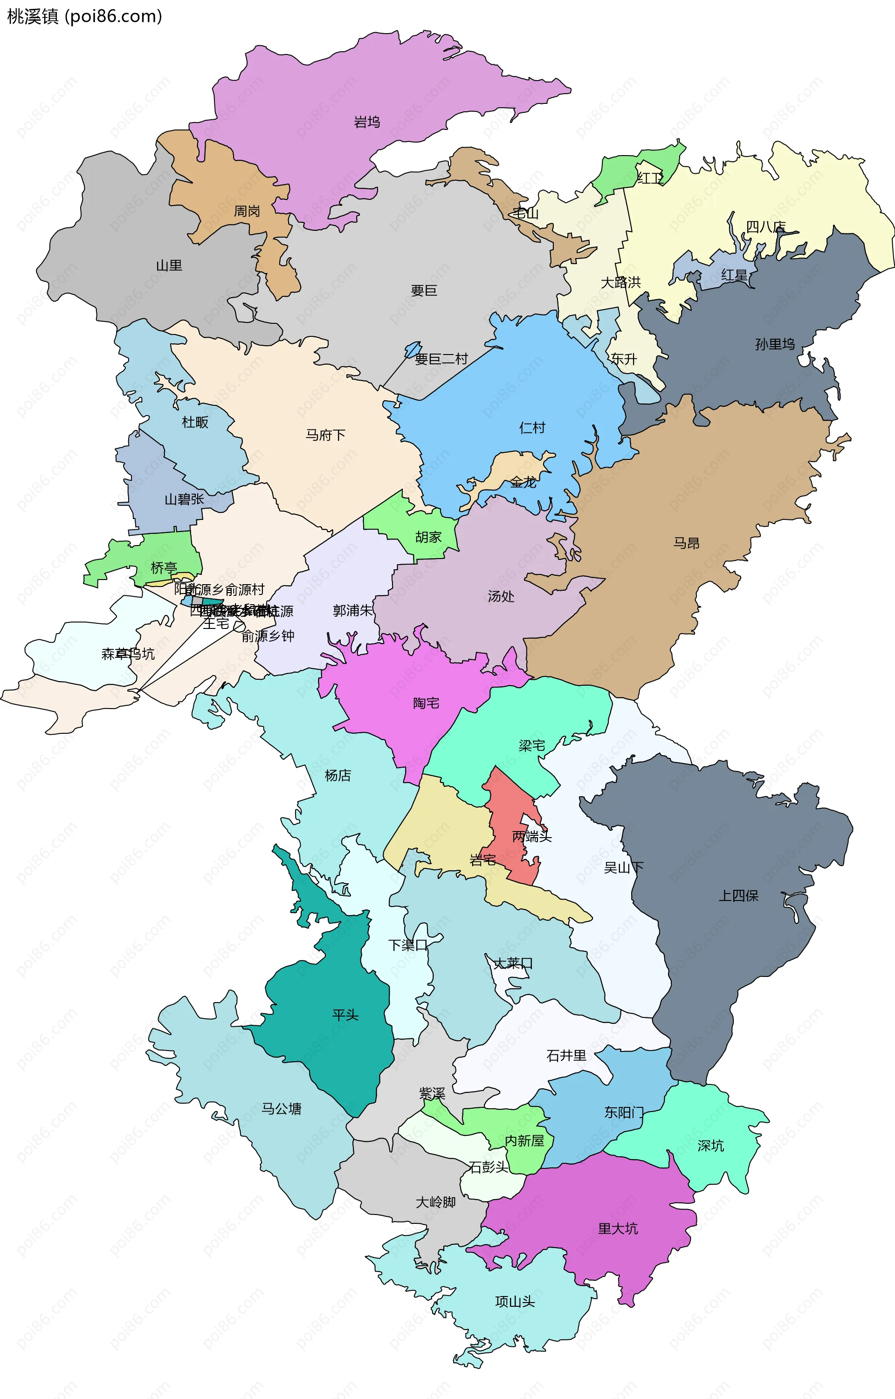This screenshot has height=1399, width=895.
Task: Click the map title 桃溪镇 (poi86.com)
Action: click(84, 16)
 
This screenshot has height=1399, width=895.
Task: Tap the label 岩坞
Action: click(367, 122)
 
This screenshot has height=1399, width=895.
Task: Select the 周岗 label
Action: click(247, 211)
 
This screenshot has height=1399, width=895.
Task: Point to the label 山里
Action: click(169, 266)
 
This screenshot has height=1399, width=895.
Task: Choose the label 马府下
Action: click(325, 435)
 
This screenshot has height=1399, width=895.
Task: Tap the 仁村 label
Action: click(532, 428)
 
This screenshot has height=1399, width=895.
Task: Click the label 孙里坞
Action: click(775, 344)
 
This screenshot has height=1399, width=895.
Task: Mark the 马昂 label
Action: click(686, 543)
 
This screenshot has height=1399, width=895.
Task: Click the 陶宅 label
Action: click(426, 703)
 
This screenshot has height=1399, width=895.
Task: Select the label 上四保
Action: click(739, 896)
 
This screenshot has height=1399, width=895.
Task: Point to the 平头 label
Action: click(345, 1015)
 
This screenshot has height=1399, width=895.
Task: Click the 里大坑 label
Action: click(618, 1229)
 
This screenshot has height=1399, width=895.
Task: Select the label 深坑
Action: click(710, 1146)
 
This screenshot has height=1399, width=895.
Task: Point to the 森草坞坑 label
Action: click(128, 654)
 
